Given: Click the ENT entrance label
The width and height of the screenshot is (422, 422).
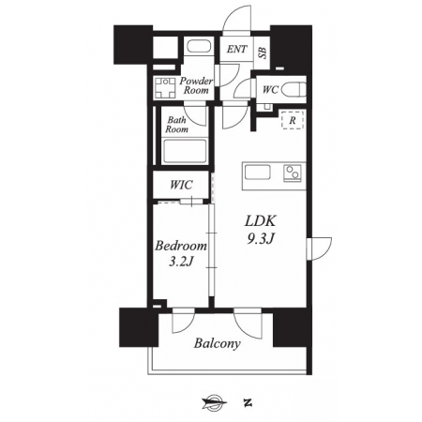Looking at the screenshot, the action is pyautogui.click(x=236, y=49).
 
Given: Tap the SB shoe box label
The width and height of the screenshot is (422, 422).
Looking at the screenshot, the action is pyautogui.click(x=263, y=53).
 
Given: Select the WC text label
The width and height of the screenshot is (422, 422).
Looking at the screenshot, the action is pyautogui.click(x=270, y=90).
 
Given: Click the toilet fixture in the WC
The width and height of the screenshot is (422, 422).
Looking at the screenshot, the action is pyautogui.click(x=294, y=90).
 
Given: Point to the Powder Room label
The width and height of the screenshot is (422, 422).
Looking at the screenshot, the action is pyautogui.click(x=196, y=85).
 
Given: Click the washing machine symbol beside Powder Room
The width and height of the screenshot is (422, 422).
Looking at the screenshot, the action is pyautogui.click(x=165, y=87).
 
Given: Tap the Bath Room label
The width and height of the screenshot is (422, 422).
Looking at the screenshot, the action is pyautogui.click(x=176, y=125).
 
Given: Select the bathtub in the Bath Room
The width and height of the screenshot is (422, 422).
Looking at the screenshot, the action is pyautogui.click(x=185, y=151).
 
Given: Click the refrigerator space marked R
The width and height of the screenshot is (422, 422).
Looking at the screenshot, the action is pyautogui.click(x=293, y=120).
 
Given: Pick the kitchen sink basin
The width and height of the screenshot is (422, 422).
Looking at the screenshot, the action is pyautogui.click(x=258, y=173).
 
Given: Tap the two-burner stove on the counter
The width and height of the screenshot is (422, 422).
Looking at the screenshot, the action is pyautogui.click(x=293, y=173).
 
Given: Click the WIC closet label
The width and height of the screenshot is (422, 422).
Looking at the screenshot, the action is pyautogui.click(x=181, y=185).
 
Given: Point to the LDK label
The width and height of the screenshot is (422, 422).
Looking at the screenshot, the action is pyautogui.click(x=261, y=221).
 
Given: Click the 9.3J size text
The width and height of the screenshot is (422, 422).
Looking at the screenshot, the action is pyautogui.click(x=261, y=239).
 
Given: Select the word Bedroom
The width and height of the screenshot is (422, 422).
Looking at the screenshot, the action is pyautogui.click(x=181, y=246).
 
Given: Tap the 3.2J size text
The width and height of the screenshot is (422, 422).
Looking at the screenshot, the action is pyautogui.click(x=181, y=262).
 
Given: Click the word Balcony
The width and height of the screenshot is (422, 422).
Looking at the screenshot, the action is pyautogui.click(x=218, y=343).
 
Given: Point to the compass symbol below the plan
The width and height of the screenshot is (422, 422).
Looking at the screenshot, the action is pyautogui.click(x=215, y=402).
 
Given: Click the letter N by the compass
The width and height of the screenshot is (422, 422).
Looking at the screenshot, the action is pyautogui.click(x=248, y=402).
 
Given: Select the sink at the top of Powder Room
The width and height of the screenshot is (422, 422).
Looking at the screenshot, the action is pyautogui.click(x=198, y=46).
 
